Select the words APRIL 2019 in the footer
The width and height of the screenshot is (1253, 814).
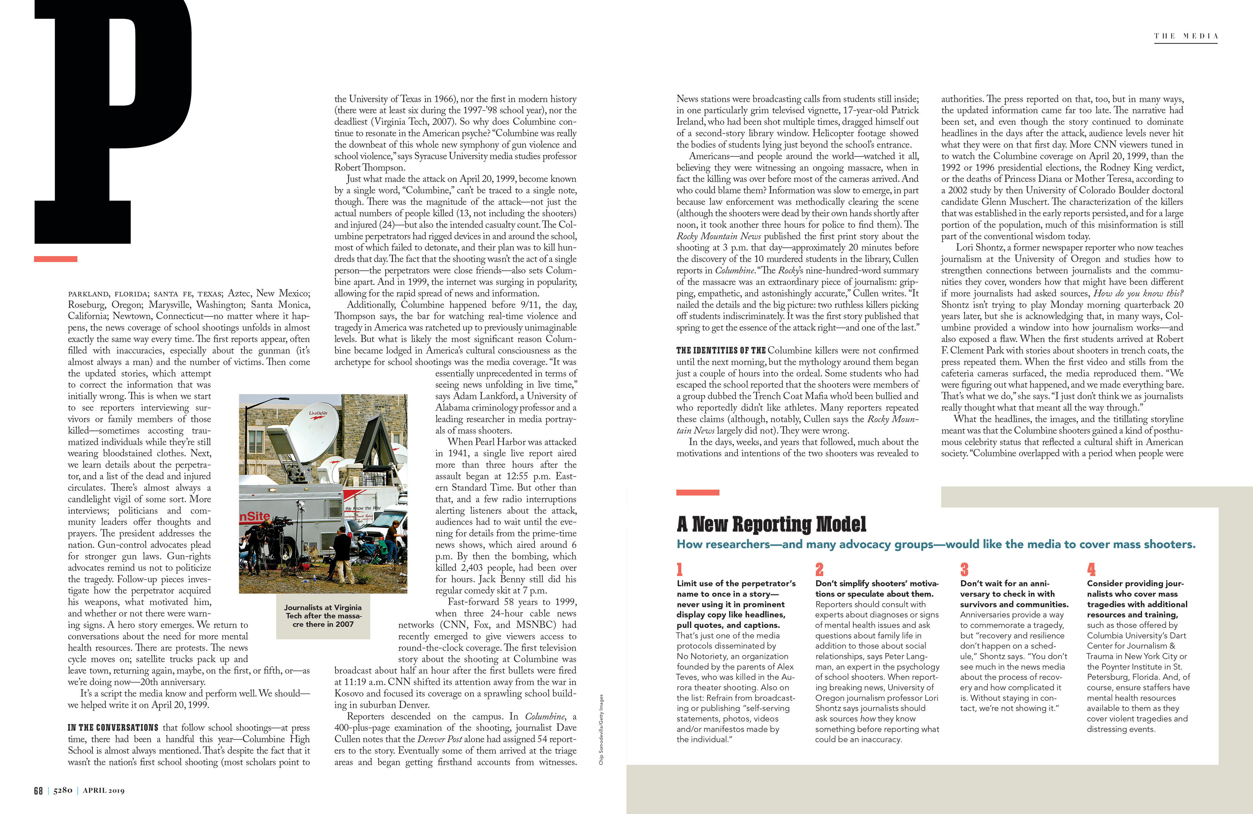(x=104, y=790)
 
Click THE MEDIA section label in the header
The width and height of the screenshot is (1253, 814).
(x=1185, y=36)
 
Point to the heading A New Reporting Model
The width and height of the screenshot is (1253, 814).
(x=771, y=524)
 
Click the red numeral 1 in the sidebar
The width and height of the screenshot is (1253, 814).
(x=680, y=569)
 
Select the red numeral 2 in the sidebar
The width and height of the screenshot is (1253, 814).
(x=819, y=569)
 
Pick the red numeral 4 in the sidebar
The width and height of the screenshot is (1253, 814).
(x=1091, y=569)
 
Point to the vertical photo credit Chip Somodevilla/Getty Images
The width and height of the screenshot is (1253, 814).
(x=601, y=729)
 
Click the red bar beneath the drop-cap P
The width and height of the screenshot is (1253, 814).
(x=56, y=259)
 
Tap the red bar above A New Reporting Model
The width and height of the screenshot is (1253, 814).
(x=698, y=492)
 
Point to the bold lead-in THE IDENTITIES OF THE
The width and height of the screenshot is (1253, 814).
(x=721, y=351)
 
